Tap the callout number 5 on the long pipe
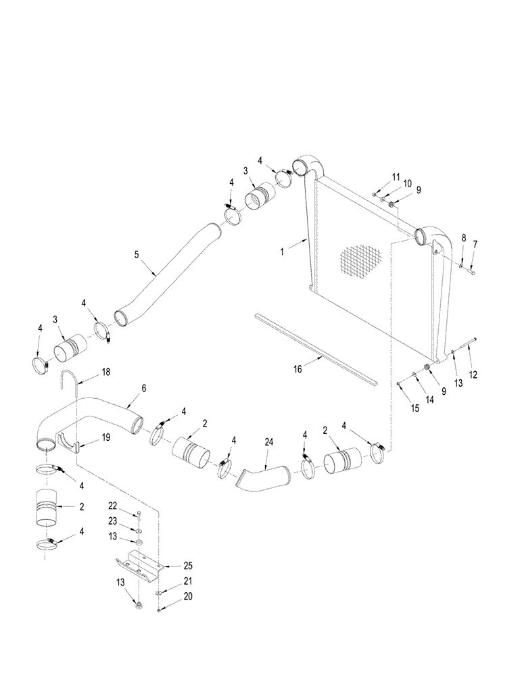point(137,256)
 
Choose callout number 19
point(105,438)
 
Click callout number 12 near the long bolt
point(473,375)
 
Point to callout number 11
point(396,176)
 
